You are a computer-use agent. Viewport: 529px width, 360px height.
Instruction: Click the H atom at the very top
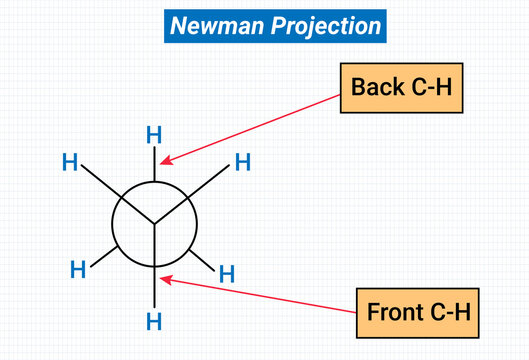(x=154, y=134)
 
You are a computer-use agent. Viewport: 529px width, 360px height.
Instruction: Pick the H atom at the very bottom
(x=154, y=321)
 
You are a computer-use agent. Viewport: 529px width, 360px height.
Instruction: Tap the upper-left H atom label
(x=70, y=162)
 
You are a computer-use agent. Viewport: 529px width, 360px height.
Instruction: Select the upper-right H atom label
(x=242, y=162)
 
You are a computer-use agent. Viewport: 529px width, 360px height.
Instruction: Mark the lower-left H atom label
(x=77, y=268)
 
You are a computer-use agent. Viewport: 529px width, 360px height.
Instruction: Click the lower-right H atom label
(x=227, y=273)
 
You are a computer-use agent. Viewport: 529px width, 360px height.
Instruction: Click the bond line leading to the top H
(x=154, y=164)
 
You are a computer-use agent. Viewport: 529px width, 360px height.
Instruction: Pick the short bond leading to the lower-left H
(x=104, y=254)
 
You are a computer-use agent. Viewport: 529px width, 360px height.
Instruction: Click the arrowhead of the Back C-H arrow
(x=166, y=161)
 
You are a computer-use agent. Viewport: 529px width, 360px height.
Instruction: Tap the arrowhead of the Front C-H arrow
(x=166, y=280)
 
